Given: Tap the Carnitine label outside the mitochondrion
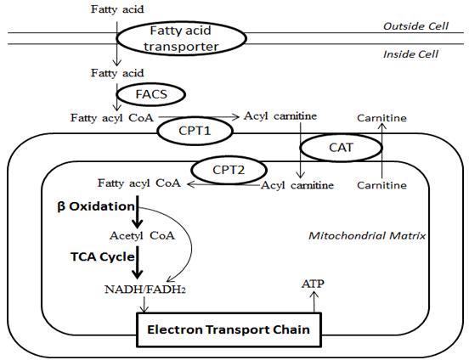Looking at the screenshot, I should [x=381, y=116].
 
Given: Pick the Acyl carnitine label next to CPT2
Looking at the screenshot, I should [x=294, y=184].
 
